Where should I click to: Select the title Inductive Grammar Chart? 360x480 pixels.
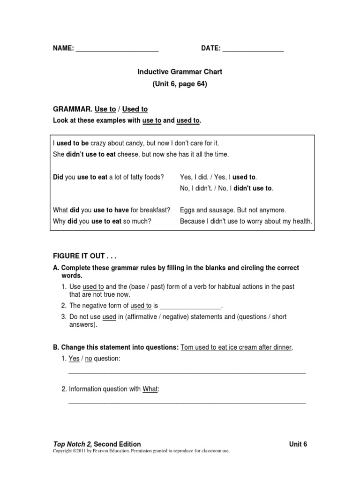[x=180, y=72]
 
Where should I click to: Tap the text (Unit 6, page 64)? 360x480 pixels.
[x=180, y=84]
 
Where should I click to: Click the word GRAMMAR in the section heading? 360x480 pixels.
[x=72, y=109]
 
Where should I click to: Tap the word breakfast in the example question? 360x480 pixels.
[x=155, y=210]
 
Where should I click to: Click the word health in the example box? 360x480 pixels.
[x=302, y=221]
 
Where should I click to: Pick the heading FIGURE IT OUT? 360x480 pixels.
[x=84, y=256]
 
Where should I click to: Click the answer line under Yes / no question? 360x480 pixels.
[x=187, y=373]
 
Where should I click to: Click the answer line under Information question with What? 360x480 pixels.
[x=187, y=403]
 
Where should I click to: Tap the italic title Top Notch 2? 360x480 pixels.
[x=72, y=444]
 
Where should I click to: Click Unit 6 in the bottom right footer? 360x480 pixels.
[x=298, y=444]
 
